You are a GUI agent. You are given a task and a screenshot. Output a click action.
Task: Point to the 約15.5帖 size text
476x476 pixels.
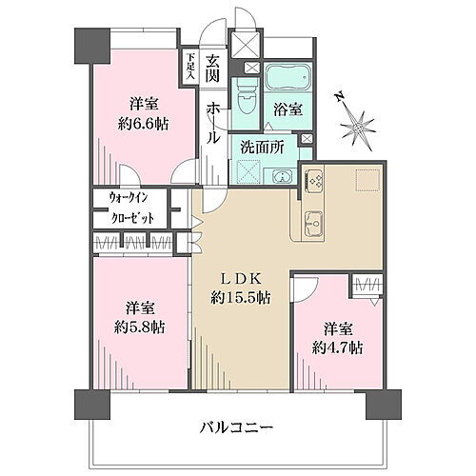tap(240, 297)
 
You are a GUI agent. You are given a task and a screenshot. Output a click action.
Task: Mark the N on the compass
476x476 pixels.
tap(340, 97)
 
